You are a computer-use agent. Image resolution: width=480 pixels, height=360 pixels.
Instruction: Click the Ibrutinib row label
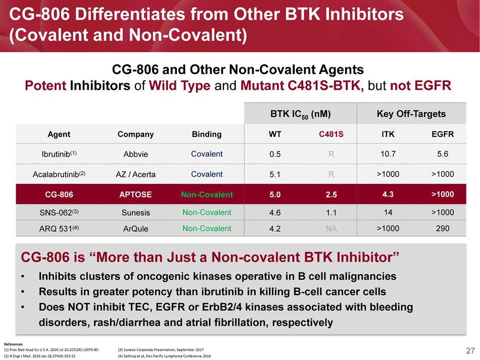[59, 154]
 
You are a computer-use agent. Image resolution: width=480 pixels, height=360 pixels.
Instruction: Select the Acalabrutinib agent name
[59, 174]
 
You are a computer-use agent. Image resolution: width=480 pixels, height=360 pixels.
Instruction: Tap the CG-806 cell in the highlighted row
[59, 194]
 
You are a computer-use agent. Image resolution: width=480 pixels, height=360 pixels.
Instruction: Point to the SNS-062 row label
[59, 213]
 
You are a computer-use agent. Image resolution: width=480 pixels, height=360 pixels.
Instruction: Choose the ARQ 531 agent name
[59, 229]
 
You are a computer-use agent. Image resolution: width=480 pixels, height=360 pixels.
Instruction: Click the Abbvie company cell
[135, 155]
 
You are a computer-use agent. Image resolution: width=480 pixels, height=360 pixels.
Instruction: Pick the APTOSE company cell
[135, 194]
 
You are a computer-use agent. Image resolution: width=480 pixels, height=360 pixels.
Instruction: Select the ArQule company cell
[135, 229]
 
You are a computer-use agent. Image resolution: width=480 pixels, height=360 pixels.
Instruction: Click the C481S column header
[330, 134]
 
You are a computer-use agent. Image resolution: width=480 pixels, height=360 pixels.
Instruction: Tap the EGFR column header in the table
[443, 134]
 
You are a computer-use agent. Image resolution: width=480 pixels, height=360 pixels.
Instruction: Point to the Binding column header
[207, 134]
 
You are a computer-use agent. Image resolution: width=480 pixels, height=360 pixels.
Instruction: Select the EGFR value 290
[443, 228]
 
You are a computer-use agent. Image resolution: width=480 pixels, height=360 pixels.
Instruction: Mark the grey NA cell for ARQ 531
[330, 229]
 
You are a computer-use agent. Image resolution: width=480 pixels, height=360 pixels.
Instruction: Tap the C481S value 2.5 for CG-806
[330, 194]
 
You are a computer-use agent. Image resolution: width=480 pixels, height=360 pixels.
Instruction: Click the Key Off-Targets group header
[411, 114]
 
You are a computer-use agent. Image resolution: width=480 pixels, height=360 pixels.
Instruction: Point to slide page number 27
[470, 351]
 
